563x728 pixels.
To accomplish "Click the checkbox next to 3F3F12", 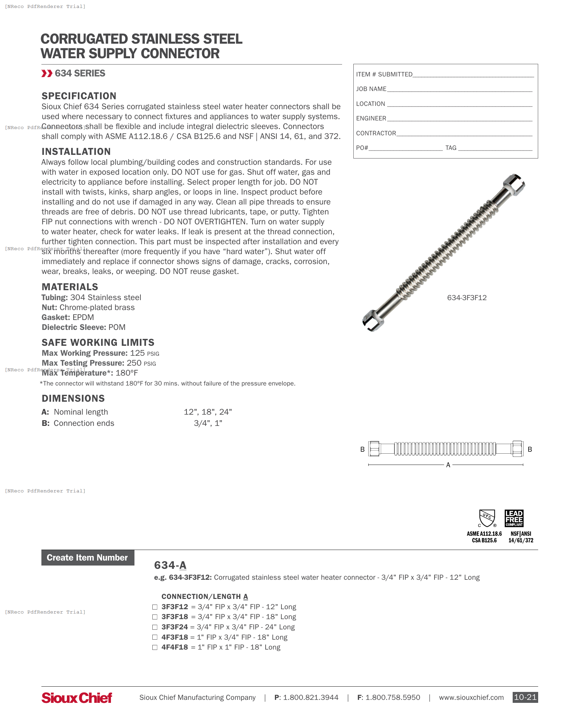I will coord(155,607).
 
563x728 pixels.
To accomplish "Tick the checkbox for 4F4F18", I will coord(155,647).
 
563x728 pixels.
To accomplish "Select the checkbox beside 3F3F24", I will coord(155,627).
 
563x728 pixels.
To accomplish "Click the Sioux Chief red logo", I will coord(77,698).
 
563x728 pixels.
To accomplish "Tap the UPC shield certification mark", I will coord(487,518).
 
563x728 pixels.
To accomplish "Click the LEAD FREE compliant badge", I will coord(514,518).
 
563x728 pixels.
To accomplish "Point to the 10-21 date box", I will coord(525,697).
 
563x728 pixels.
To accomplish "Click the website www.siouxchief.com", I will coord(471,697).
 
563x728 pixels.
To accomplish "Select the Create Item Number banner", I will coord(88,558).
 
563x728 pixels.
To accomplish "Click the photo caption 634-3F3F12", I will coord(467,298).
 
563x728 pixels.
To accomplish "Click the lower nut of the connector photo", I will coord(373,320).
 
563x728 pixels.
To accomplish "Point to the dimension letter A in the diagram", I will coord(448,465).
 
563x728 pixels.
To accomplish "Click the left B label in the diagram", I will coord(362,449).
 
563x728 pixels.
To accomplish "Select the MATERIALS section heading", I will coord(70,287).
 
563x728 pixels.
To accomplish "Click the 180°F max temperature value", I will coord(127,373).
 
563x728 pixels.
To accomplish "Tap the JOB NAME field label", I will coord(371,89).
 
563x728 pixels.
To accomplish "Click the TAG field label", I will coord(451,148).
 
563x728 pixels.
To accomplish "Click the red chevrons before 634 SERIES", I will coord(47,73).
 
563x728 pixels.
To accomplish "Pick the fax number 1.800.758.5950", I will coord(392,697).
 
